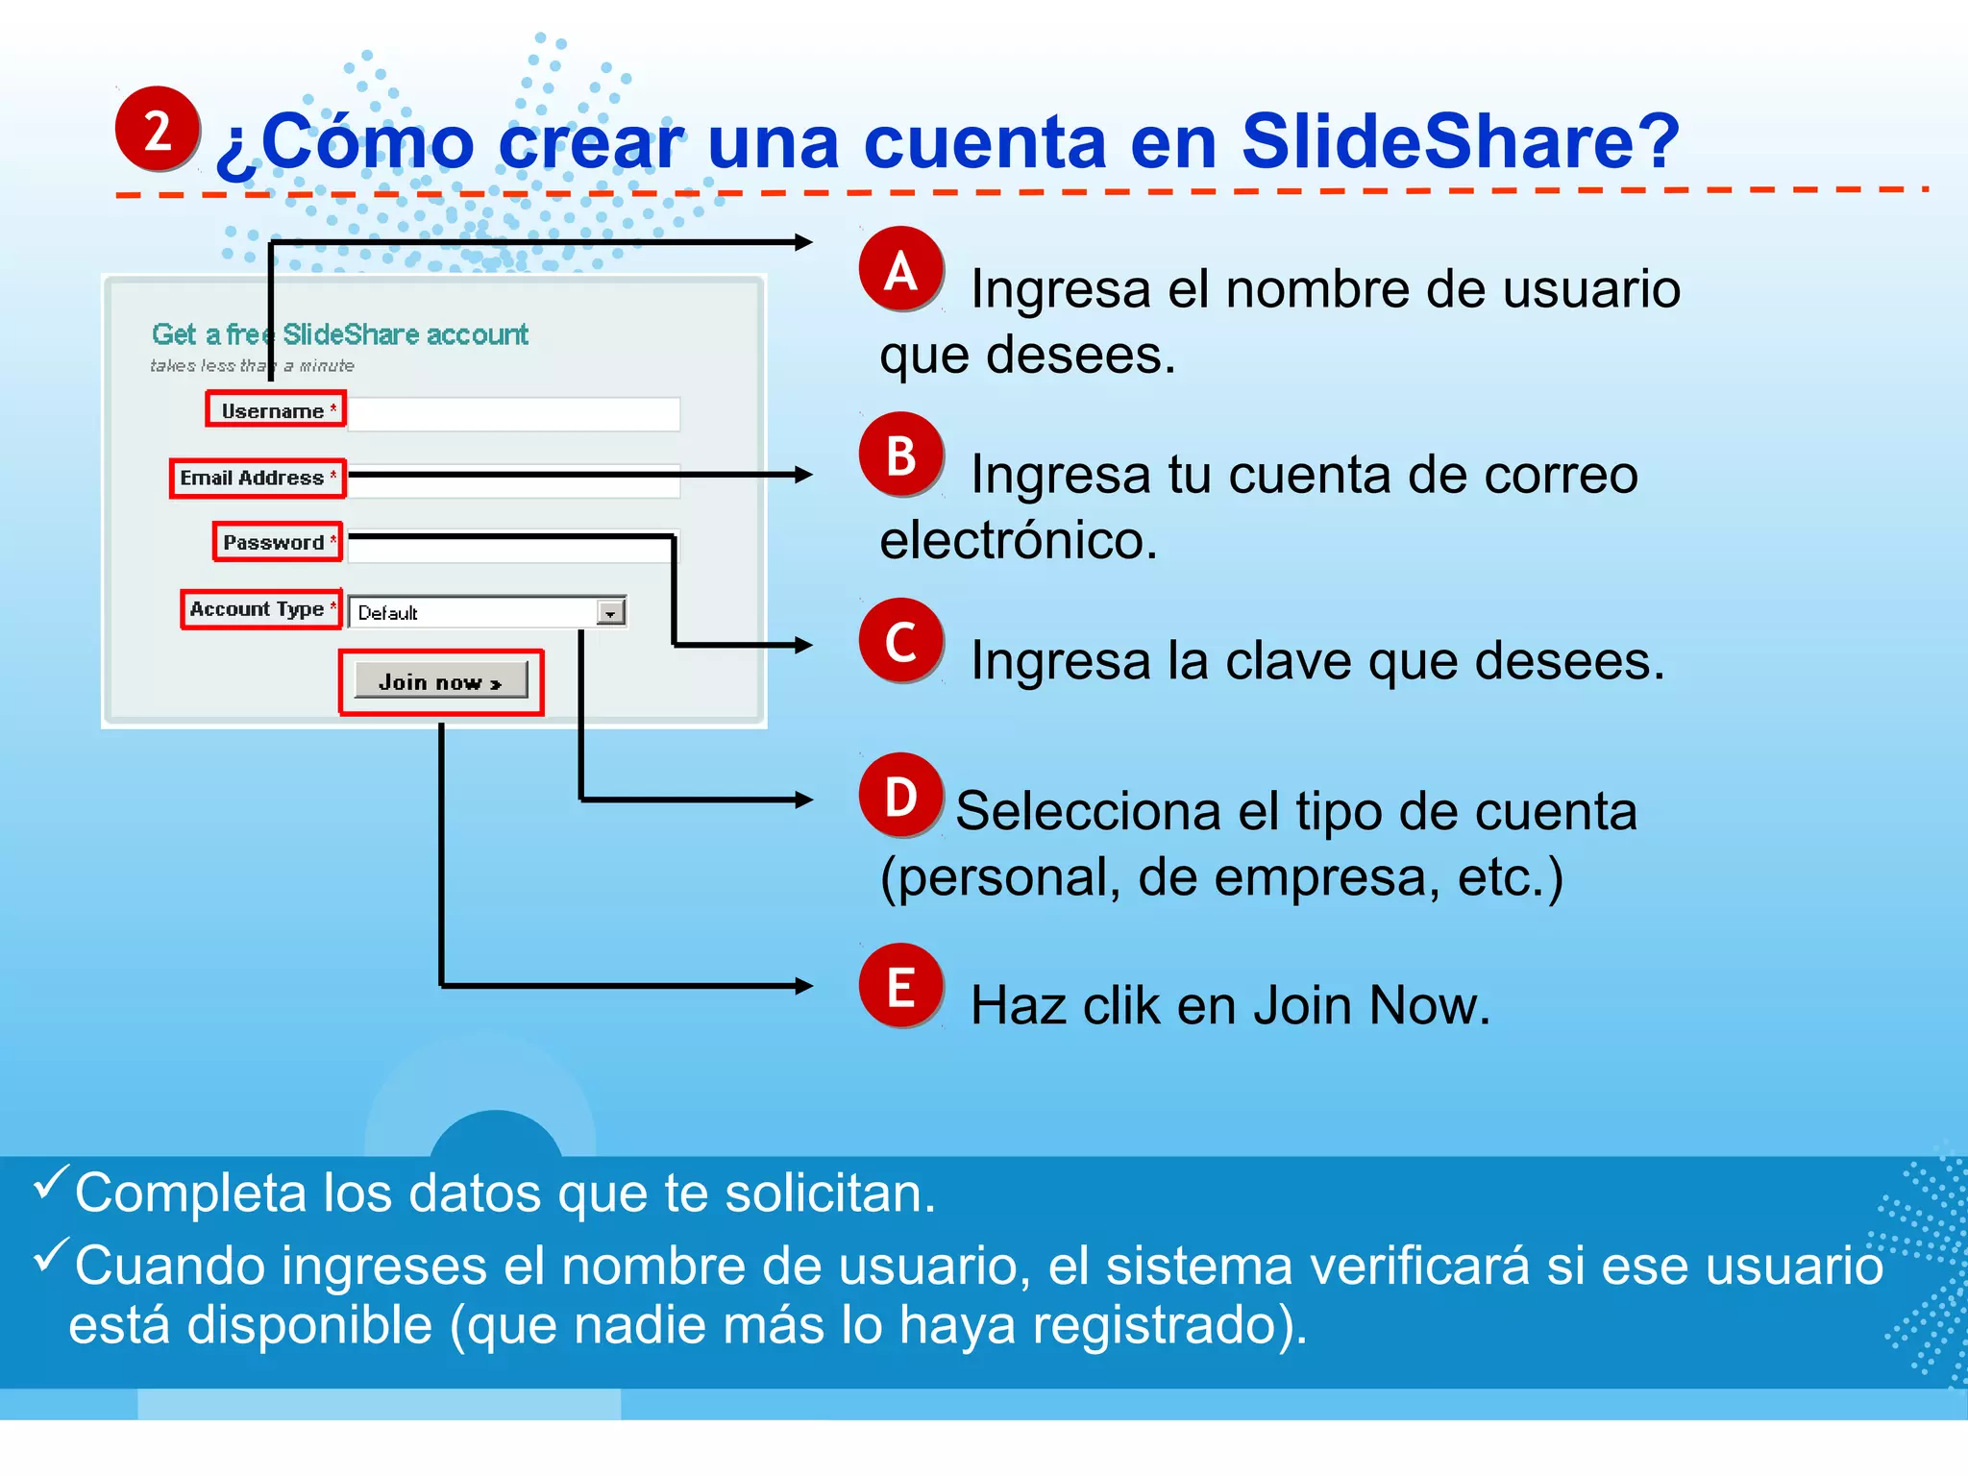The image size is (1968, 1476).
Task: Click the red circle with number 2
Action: coord(157,129)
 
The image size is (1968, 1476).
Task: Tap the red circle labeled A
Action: coord(900,270)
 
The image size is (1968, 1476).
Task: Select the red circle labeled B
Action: coord(900,455)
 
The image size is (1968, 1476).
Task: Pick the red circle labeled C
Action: coord(900,641)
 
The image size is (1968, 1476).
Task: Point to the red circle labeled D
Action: coord(900,796)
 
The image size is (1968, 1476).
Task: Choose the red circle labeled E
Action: coord(900,986)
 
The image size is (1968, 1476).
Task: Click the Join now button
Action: coord(441,681)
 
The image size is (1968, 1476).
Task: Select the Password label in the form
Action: coord(275,542)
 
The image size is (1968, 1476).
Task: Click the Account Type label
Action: coord(258,609)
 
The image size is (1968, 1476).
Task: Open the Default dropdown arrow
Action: coord(610,612)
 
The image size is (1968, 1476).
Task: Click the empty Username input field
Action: coord(514,413)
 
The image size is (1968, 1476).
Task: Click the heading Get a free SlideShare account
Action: coord(339,334)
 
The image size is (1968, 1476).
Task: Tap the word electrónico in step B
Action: coord(1019,540)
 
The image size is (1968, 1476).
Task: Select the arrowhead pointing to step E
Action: coord(803,986)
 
